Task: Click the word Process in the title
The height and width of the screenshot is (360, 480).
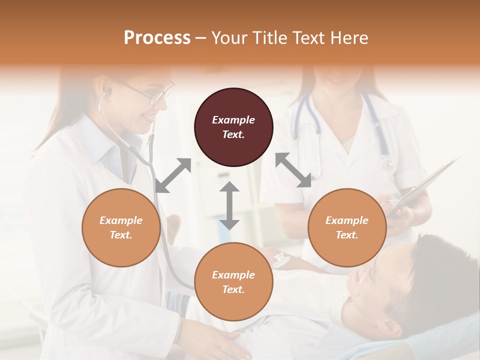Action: point(157,37)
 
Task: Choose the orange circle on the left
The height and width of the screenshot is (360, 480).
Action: point(121,227)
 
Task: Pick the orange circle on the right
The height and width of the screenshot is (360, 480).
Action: point(347,227)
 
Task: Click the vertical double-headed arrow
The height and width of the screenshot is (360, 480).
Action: point(229,205)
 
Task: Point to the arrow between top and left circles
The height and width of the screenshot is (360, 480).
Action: point(173,175)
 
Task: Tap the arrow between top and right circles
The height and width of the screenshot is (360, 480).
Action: point(293,170)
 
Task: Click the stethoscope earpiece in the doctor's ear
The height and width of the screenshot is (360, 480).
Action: point(107,92)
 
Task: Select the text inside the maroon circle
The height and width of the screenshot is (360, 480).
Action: point(233,127)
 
